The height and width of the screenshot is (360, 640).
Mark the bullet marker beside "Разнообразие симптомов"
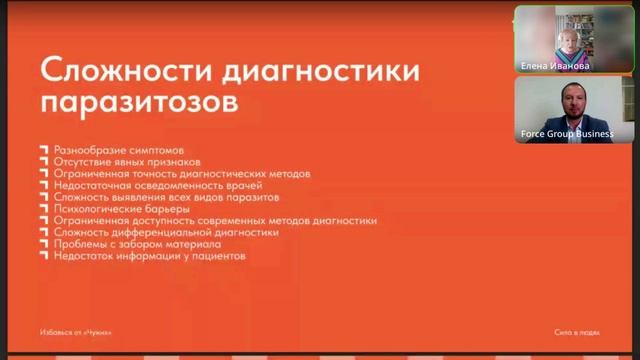(x=43, y=149)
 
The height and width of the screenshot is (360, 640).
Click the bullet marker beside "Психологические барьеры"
(x=43, y=209)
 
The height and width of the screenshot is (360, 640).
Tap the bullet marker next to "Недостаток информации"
(x=43, y=256)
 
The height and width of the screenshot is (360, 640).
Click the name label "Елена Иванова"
(x=555, y=66)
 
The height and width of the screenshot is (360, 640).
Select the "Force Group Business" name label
(x=567, y=134)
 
